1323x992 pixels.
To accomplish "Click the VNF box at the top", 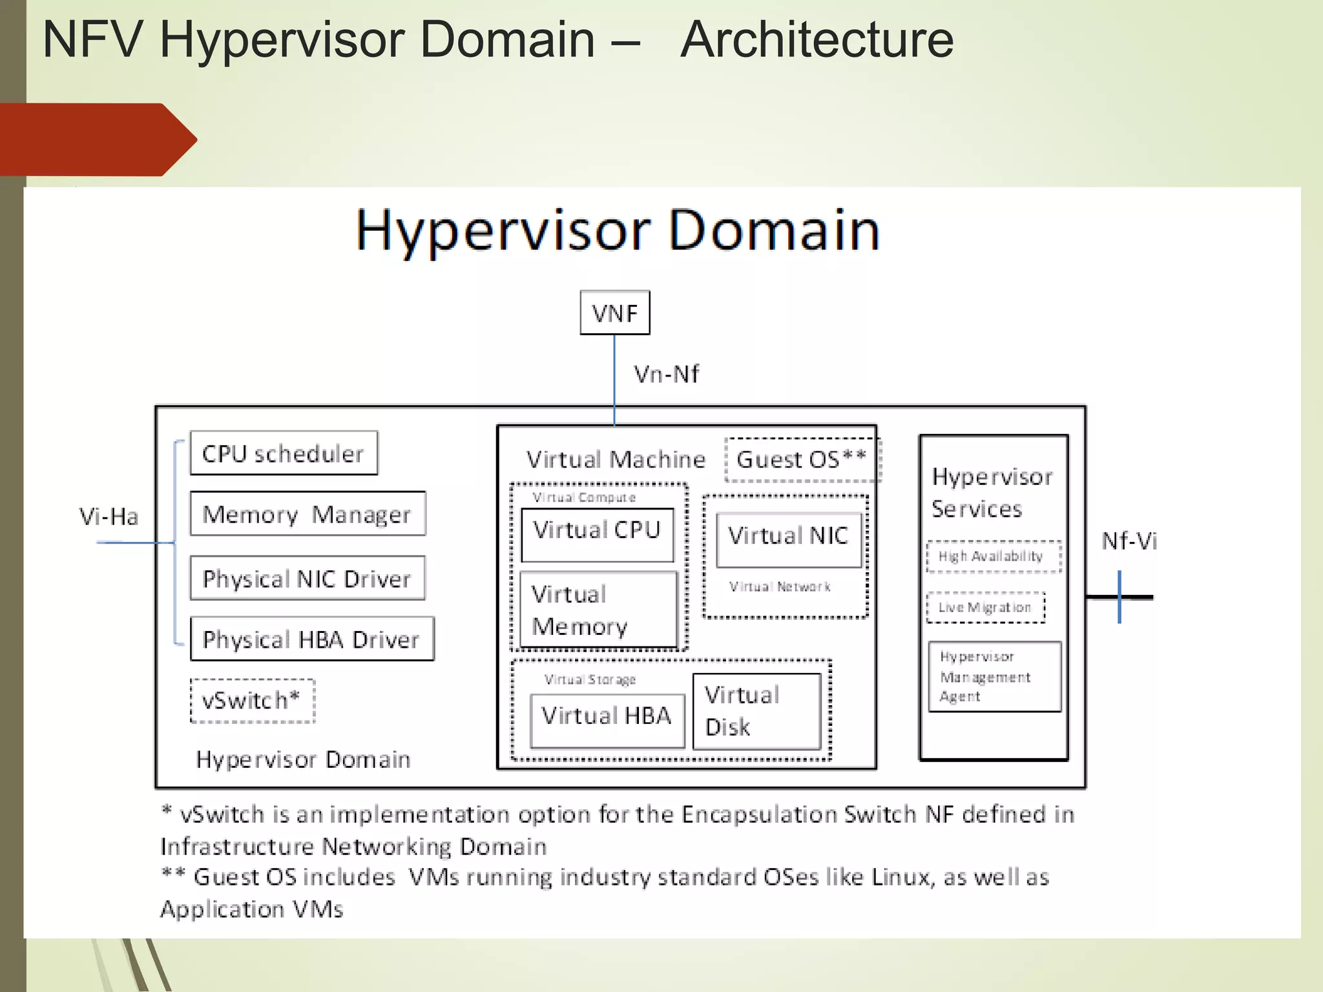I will pos(614,313).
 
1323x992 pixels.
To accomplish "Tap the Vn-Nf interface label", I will pos(666,374).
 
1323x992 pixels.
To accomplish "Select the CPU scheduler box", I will pos(284,453).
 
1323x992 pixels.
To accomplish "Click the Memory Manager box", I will pos(307,514).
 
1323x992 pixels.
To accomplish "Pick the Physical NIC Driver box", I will pos(307,578).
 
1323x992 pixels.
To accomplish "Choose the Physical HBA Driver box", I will pos(312,639).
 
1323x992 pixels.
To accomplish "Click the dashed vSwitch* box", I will pos(253,700).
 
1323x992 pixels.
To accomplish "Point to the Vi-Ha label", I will pos(109,517).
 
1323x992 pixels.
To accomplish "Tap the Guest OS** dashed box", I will pos(802,459).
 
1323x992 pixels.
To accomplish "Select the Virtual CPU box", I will pos(597,534).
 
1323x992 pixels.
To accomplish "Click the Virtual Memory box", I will pos(598,610).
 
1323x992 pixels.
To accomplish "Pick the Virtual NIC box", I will pos(789,539).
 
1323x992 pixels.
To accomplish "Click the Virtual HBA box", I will pos(607,720).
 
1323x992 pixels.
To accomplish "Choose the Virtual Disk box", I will pos(756,711).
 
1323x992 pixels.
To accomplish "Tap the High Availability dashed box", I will pos(994,556).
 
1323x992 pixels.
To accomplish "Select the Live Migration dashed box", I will pos(985,607).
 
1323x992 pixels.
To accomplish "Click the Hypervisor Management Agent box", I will pos(994,676).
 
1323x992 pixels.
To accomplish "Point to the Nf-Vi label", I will pos(1129,541).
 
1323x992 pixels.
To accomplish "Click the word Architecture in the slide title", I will pos(817,40).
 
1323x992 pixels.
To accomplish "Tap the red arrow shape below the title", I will pos(97,139).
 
